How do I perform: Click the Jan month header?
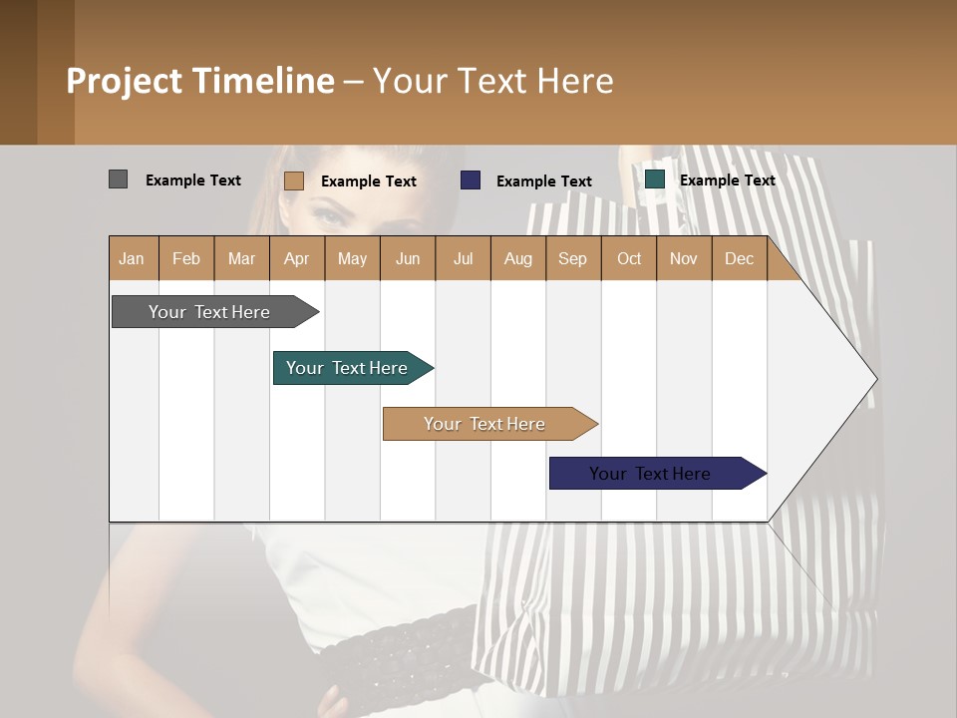(x=132, y=258)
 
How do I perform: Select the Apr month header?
(x=296, y=258)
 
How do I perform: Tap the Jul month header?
(x=463, y=258)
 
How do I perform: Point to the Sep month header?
(x=572, y=258)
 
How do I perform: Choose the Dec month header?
(x=739, y=258)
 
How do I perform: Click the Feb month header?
(x=186, y=258)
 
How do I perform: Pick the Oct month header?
(x=629, y=258)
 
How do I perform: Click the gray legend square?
(x=118, y=179)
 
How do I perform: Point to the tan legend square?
(x=293, y=180)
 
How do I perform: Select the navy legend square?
(x=471, y=180)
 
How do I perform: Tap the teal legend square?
(x=655, y=179)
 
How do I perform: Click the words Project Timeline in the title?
(x=199, y=81)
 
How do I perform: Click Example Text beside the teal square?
(x=727, y=180)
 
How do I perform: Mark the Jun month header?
(x=408, y=258)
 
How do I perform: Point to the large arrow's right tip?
(x=875, y=379)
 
